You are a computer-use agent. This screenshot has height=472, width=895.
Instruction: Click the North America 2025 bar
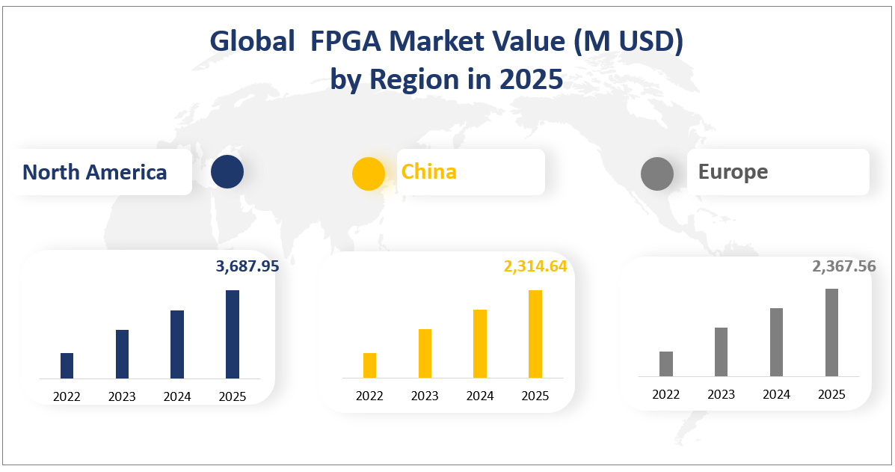pos(233,334)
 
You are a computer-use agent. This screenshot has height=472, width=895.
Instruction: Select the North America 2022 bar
pos(67,366)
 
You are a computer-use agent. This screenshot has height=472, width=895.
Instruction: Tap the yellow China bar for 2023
pos(425,354)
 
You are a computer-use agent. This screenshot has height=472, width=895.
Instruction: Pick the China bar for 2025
pos(535,334)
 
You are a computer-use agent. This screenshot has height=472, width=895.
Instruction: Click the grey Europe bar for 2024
pos(776,342)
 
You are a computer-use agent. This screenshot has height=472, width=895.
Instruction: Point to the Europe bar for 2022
pos(666,364)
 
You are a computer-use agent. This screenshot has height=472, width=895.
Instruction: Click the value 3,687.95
pos(247,266)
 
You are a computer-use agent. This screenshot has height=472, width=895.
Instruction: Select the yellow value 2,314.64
pos(535,266)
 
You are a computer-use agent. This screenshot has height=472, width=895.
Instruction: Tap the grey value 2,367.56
pos(843,266)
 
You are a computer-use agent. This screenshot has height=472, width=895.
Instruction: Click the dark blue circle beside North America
pos(227,171)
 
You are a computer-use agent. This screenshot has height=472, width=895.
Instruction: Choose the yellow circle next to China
pos(369,174)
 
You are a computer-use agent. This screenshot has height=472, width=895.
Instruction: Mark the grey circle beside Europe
pos(657,173)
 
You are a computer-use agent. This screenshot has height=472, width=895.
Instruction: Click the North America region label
pos(95,172)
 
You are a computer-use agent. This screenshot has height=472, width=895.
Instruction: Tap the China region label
pos(429,171)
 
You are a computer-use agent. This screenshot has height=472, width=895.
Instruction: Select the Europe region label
pos(733,171)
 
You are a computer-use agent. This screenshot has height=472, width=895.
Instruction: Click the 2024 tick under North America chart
pos(177,396)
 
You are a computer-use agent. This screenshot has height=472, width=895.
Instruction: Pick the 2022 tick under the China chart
pos(369,396)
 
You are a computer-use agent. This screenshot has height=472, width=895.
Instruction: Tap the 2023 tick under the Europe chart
pos(721,394)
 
